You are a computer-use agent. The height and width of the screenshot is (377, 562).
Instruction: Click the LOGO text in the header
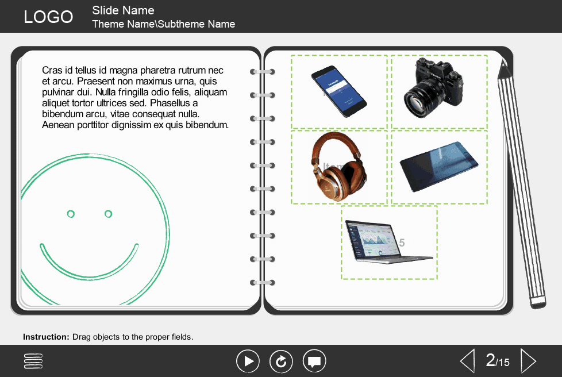[x=48, y=17]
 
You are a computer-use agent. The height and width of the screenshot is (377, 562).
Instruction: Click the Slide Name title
[x=123, y=10]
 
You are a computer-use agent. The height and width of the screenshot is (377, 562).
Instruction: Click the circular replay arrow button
[x=281, y=361]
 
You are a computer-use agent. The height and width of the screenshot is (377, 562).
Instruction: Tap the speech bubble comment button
[x=314, y=361]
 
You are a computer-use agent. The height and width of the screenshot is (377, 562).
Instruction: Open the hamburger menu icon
[x=34, y=361]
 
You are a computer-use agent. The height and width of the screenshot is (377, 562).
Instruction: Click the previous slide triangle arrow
[x=468, y=361]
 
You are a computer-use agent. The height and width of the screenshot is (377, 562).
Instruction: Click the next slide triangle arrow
[x=528, y=361]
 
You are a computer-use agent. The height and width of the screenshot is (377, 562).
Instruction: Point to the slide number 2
[x=490, y=360]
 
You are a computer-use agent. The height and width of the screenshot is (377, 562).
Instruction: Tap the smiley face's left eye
[x=71, y=214]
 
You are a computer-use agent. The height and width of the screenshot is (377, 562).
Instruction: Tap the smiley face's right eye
[x=108, y=214]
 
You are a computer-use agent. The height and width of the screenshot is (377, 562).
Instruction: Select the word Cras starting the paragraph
[x=52, y=71]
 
